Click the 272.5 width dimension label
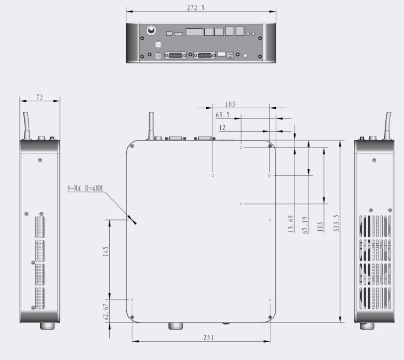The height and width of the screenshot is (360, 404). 196,8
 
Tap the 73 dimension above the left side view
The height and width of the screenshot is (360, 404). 39,97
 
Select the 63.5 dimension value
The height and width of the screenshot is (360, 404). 222,115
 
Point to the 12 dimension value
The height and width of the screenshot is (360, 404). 222,128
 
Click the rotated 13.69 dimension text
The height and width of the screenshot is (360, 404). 291,224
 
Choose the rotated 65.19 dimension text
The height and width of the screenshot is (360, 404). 305,225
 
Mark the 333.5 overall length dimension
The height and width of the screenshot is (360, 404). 336,223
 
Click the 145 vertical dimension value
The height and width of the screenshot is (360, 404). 106,251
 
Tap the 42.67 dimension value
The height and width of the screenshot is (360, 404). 106,312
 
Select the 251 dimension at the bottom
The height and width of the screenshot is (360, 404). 208,338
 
